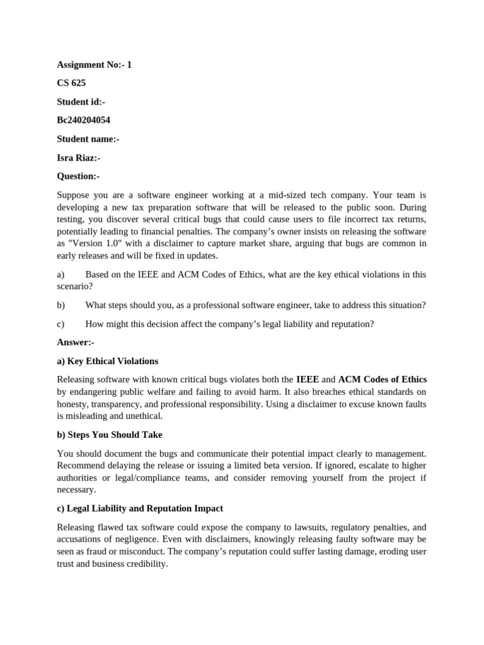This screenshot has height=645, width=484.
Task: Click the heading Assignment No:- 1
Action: coord(94,65)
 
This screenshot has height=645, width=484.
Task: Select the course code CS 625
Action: coord(71,83)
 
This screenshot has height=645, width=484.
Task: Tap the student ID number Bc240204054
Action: coord(83,120)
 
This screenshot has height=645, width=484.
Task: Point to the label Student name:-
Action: coord(88,139)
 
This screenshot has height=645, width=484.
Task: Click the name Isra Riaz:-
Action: coord(78,158)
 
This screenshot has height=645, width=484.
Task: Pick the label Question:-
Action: coord(78,176)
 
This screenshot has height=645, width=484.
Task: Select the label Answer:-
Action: coord(75,342)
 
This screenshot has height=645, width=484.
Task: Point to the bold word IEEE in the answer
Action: coord(307,379)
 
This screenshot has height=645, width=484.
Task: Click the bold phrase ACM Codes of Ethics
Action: coord(383,379)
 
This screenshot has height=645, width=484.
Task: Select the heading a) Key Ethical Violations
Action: coord(107,361)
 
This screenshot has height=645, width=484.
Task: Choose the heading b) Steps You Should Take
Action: coord(109,435)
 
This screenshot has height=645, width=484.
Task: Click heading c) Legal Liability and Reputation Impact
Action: coord(140,508)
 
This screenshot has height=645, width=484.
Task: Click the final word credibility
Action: coord(146,564)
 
